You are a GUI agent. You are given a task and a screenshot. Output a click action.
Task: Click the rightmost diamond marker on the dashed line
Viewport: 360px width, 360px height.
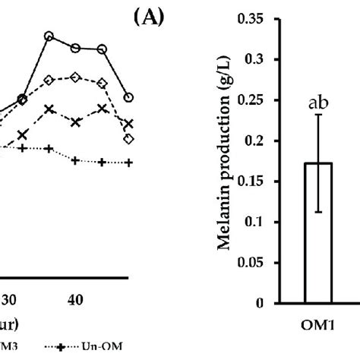pos(128,139)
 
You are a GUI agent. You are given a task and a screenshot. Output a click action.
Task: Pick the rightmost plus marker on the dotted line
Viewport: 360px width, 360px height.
pos(128,163)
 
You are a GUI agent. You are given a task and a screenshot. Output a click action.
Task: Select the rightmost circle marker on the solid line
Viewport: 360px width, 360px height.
pos(128,97)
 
